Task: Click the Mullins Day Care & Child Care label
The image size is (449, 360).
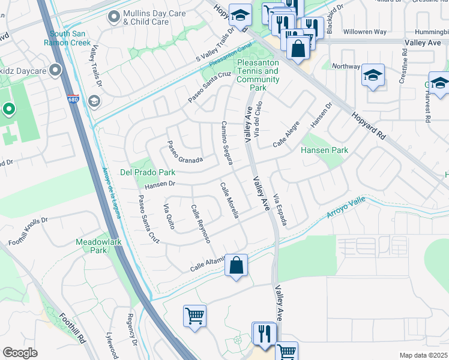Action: click(145, 17)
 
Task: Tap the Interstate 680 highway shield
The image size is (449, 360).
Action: click(73, 98)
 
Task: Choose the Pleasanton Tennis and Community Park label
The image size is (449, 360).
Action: click(258, 75)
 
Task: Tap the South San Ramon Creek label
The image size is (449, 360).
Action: click(70, 38)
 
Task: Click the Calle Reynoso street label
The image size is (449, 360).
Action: click(200, 223)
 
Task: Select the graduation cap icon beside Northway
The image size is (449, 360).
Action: click(373, 75)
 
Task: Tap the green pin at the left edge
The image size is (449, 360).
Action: click(8, 109)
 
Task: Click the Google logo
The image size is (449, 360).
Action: click(20, 353)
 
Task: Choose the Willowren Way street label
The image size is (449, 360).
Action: click(366, 32)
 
